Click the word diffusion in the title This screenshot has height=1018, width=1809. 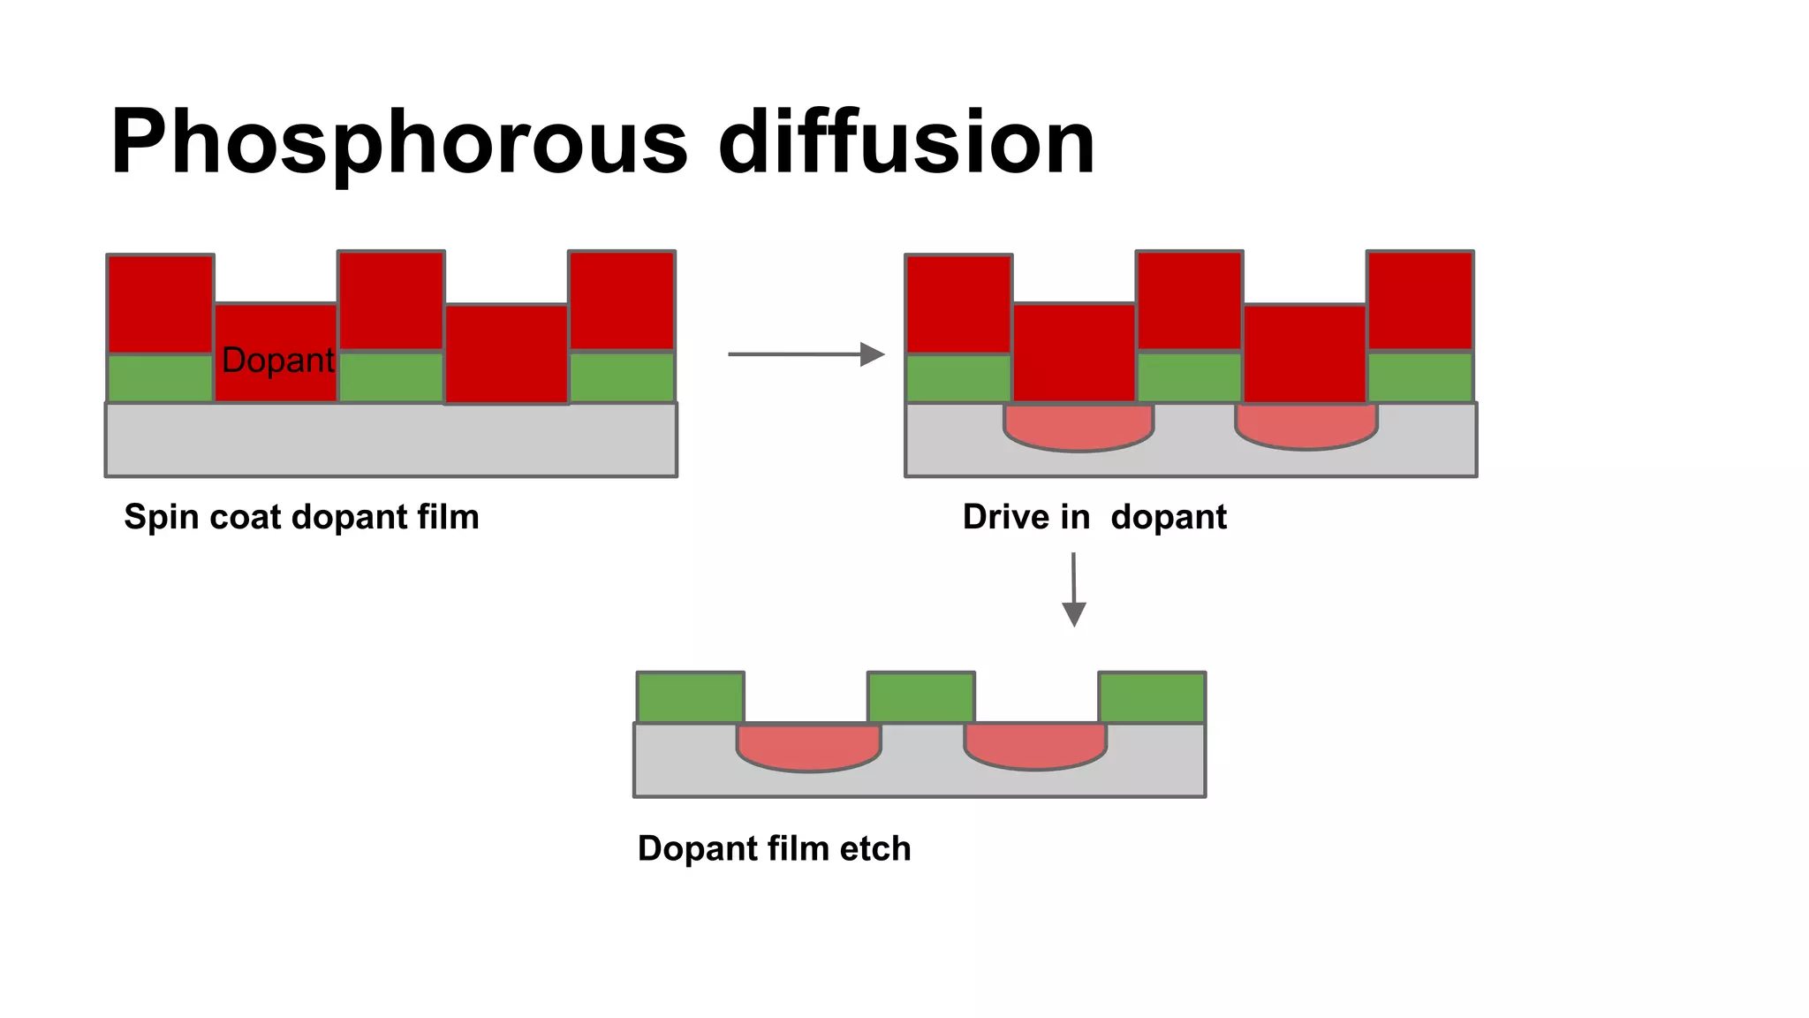[906, 141]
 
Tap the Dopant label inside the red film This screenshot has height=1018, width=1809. [277, 360]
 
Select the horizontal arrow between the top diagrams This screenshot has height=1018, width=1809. [805, 354]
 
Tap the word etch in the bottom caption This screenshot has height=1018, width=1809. [874, 848]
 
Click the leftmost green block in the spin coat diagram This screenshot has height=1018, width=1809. [160, 378]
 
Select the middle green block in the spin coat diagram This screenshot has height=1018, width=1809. [391, 377]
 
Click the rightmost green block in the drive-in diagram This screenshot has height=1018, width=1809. [1419, 377]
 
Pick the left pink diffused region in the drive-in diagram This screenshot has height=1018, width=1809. [1079, 427]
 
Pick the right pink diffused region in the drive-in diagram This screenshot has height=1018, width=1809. [1306, 426]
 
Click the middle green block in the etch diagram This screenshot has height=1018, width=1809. [921, 697]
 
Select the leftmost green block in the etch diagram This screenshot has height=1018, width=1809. [691, 697]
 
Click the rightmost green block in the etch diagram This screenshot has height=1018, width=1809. [1152, 697]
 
